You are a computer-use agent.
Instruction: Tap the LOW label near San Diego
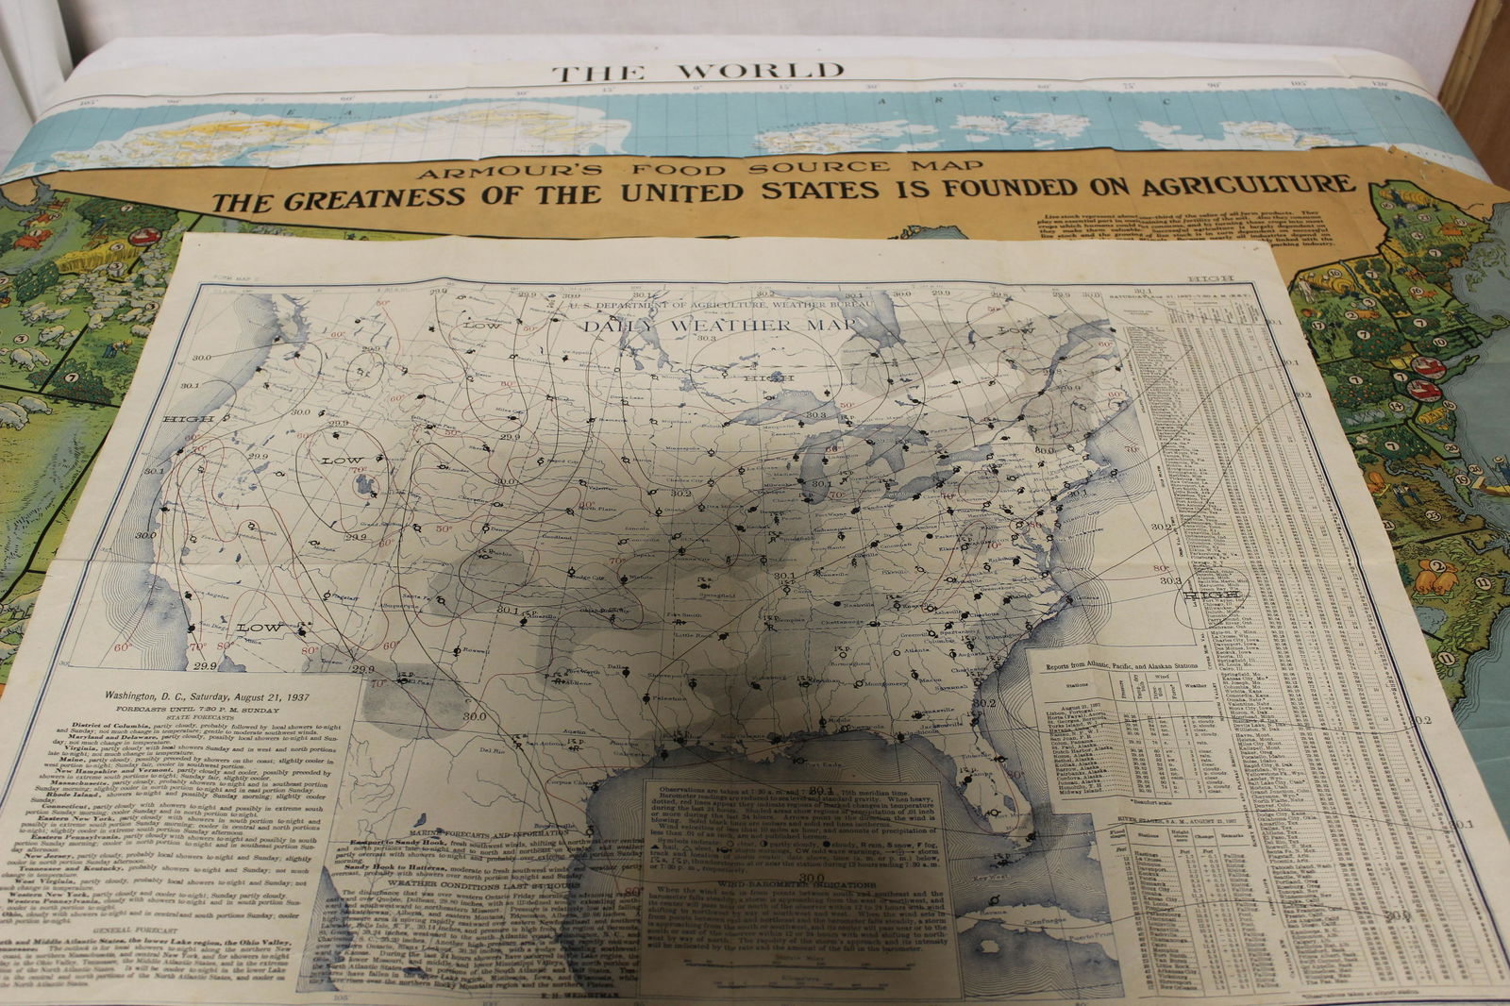click(x=258, y=628)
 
